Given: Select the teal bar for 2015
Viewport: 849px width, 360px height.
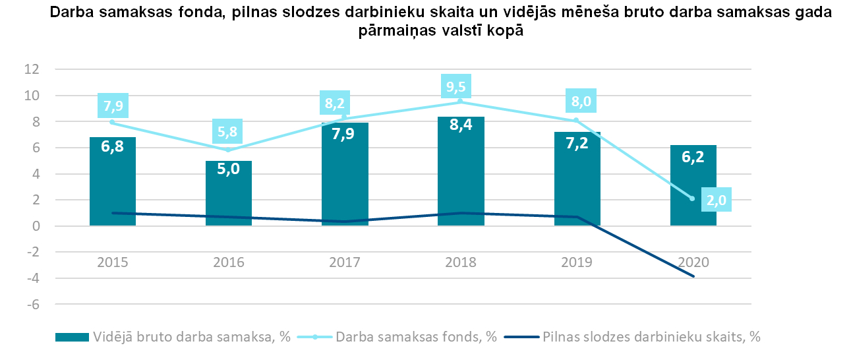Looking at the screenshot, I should [x=113, y=191].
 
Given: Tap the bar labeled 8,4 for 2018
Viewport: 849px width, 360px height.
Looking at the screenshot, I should [x=461, y=185].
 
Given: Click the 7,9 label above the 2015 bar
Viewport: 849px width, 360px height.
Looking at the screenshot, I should [x=113, y=104].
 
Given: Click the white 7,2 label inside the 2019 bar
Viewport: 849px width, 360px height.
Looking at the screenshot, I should [x=577, y=160].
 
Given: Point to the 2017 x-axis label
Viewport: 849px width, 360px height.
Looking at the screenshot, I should [x=345, y=262].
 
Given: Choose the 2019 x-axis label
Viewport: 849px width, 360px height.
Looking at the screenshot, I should [x=577, y=262].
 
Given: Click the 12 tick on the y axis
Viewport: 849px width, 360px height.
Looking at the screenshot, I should [x=32, y=69].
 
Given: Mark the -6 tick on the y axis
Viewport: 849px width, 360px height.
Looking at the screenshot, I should [x=32, y=305].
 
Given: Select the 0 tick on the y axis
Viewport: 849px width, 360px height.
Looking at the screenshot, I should [x=36, y=226].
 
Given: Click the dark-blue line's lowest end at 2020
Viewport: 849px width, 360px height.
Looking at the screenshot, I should [x=693, y=276].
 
